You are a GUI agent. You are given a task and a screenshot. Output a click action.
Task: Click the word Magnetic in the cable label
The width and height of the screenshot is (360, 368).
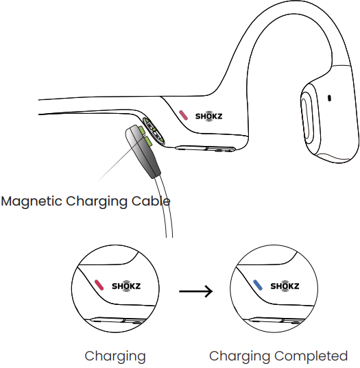(32, 201)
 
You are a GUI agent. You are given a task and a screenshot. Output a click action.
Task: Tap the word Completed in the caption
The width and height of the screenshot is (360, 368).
(311, 356)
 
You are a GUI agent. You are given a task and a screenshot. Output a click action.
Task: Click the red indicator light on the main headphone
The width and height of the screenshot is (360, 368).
(183, 115)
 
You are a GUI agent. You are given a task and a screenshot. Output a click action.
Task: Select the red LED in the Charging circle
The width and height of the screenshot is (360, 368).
(99, 285)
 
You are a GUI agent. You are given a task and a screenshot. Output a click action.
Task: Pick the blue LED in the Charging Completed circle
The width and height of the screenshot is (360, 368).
(258, 285)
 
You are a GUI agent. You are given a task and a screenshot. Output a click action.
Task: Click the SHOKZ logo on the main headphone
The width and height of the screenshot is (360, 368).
(208, 116)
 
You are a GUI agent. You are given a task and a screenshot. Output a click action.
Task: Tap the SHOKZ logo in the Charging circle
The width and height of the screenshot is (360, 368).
(126, 286)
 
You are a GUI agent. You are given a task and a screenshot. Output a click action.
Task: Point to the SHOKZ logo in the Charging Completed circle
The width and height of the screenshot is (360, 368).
(285, 286)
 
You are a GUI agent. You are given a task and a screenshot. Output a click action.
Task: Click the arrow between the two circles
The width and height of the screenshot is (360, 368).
(196, 291)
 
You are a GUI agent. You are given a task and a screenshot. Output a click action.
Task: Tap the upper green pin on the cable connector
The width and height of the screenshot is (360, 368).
(141, 130)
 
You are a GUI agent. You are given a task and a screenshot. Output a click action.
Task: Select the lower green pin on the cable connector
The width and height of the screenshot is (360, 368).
(148, 142)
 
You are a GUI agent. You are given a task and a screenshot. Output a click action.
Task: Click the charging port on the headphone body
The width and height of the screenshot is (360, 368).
(153, 131)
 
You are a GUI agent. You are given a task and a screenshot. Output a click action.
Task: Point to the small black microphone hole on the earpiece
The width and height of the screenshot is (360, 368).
(329, 98)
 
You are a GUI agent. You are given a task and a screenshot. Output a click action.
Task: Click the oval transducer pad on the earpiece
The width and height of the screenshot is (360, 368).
(307, 119)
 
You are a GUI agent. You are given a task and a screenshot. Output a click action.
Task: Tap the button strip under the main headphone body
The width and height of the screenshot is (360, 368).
(205, 149)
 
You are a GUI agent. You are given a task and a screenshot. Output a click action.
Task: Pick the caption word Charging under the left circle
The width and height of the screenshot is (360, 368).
(115, 357)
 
